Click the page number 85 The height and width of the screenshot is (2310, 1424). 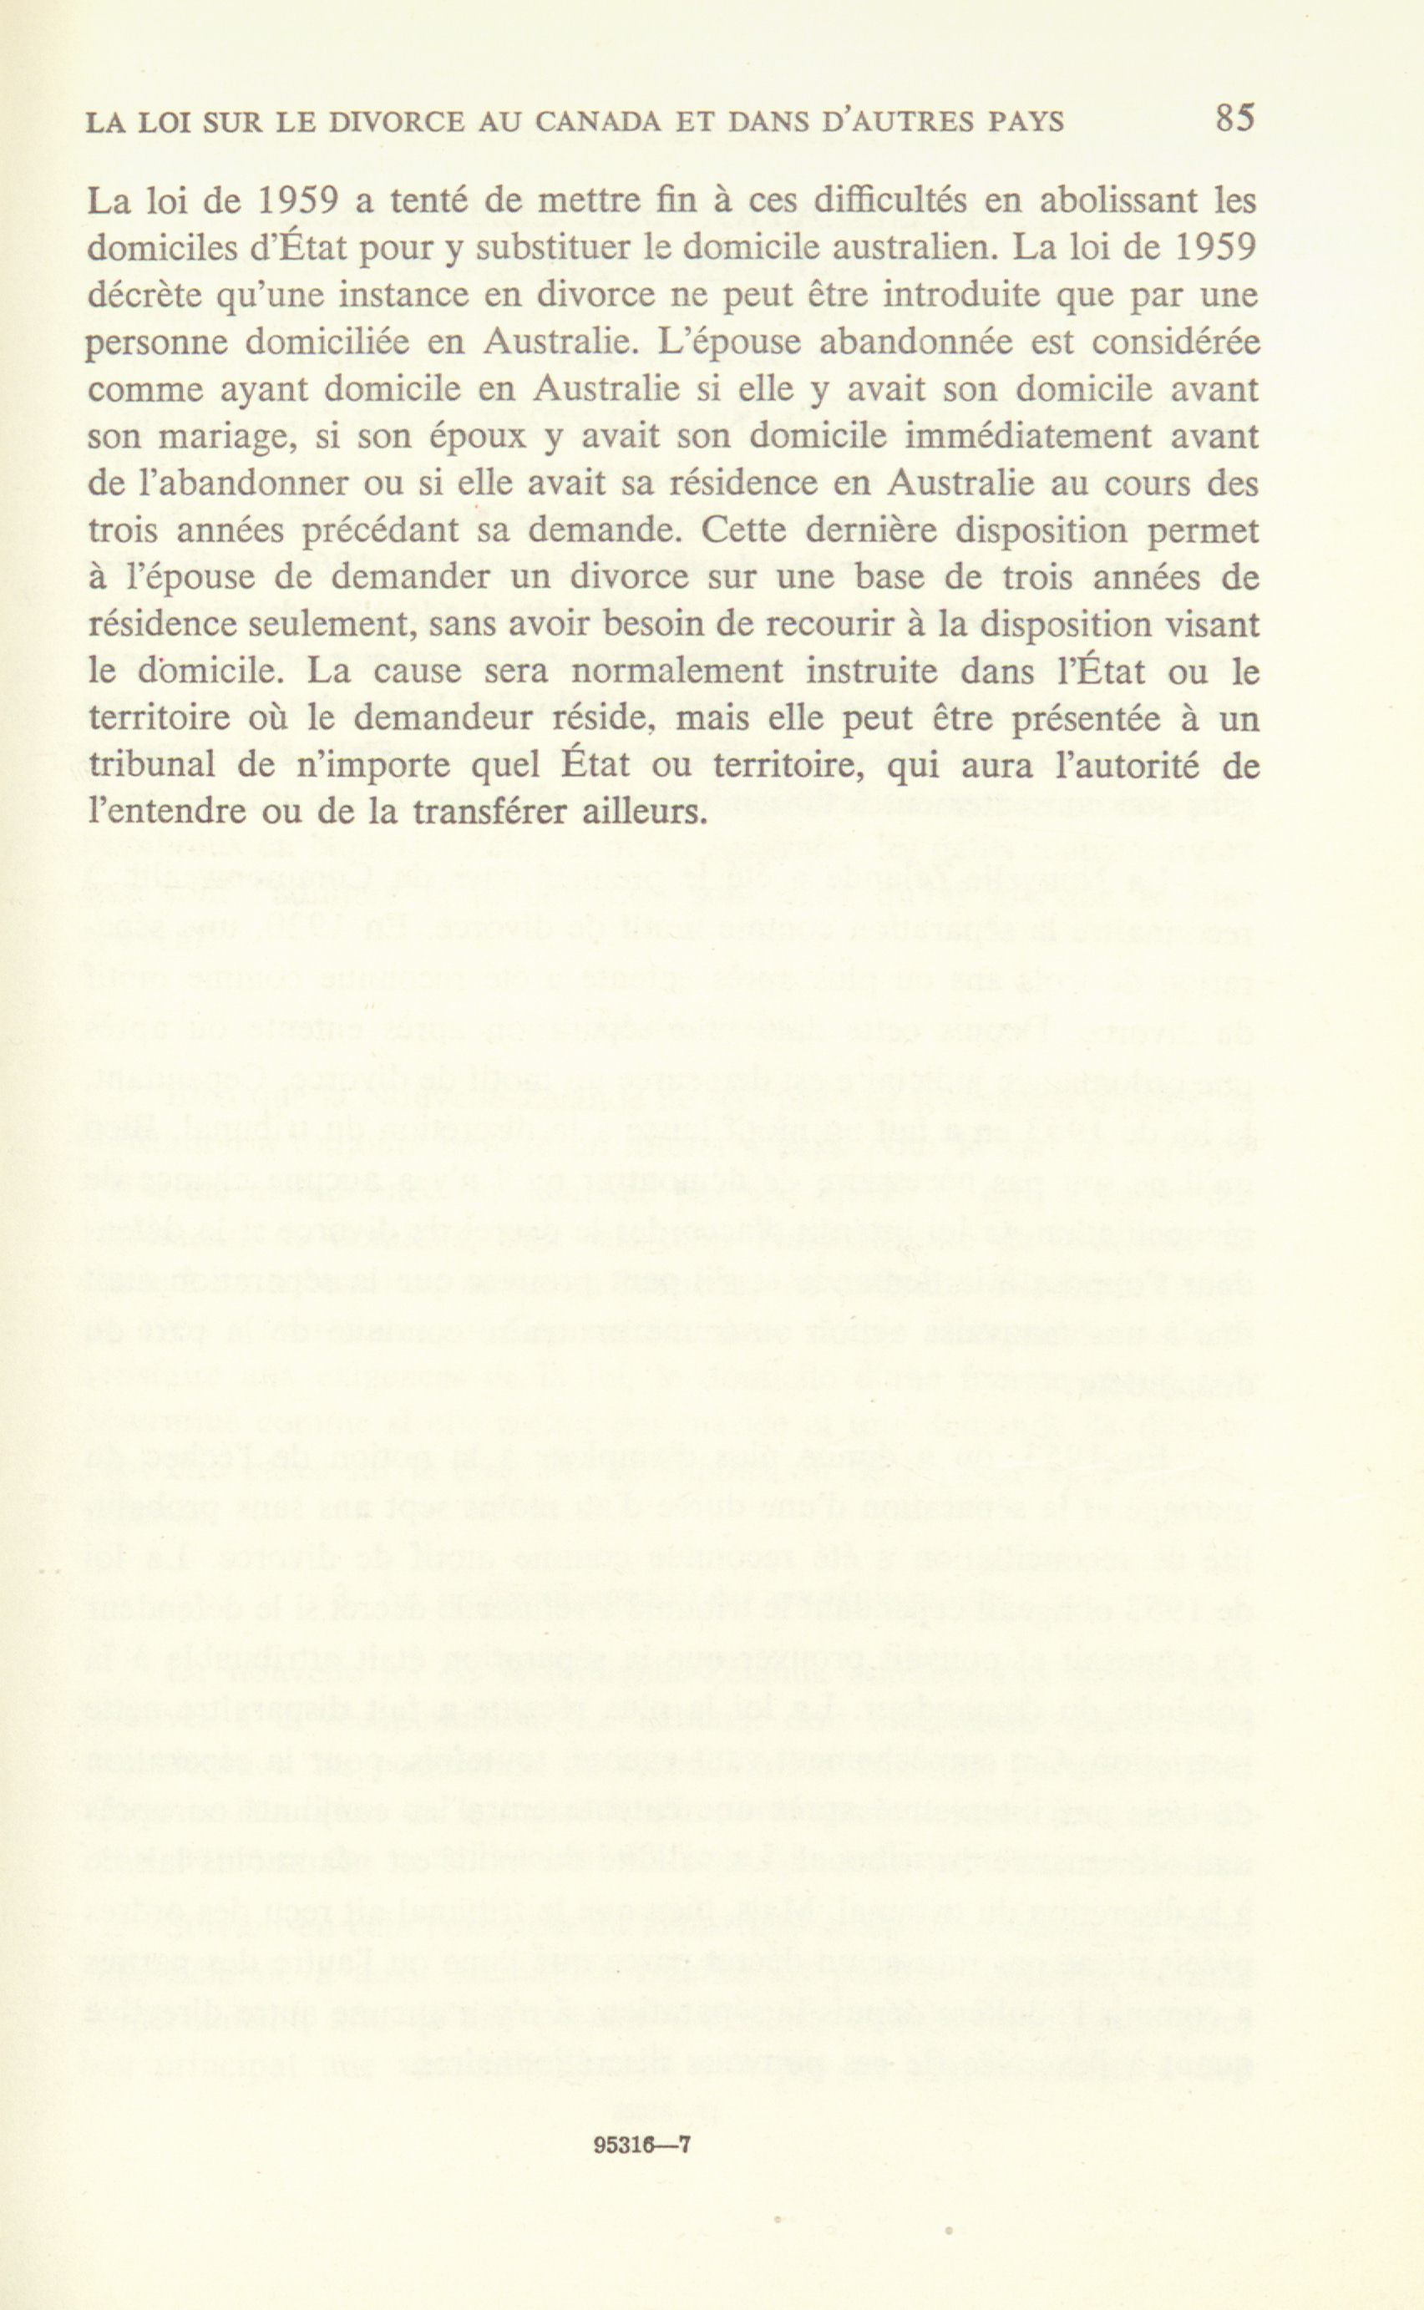[1234, 119]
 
